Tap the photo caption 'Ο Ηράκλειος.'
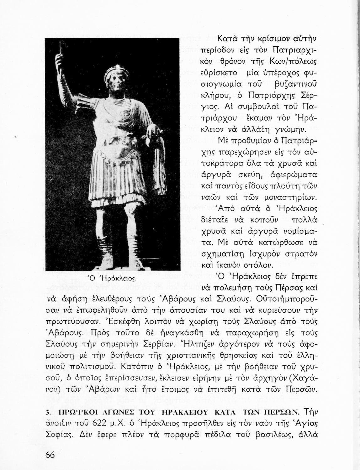point(112,278)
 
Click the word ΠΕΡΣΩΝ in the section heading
point(279,411)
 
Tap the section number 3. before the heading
point(48,411)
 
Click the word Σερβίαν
point(157,344)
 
